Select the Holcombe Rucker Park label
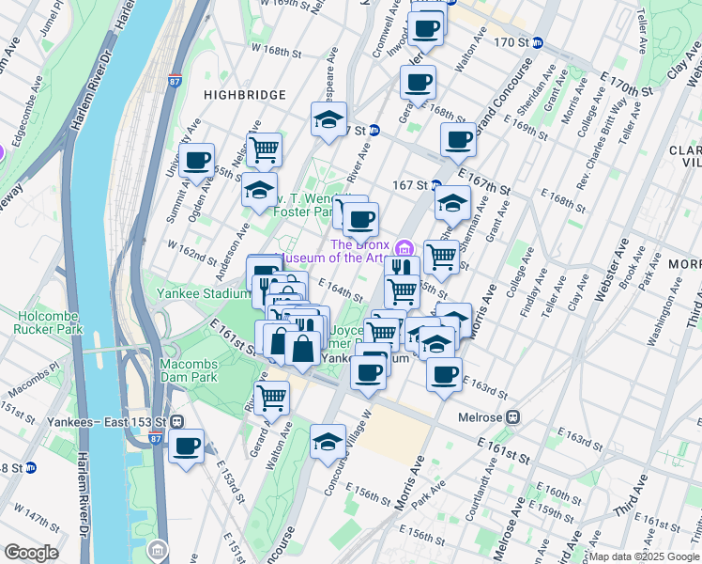48,322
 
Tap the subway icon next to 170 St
538,42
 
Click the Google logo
31,553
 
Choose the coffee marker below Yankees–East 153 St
187,446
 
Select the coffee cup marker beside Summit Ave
197,162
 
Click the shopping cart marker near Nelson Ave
265,148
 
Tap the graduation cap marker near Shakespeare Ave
329,119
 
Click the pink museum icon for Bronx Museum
404,248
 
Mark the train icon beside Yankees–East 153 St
175,421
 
